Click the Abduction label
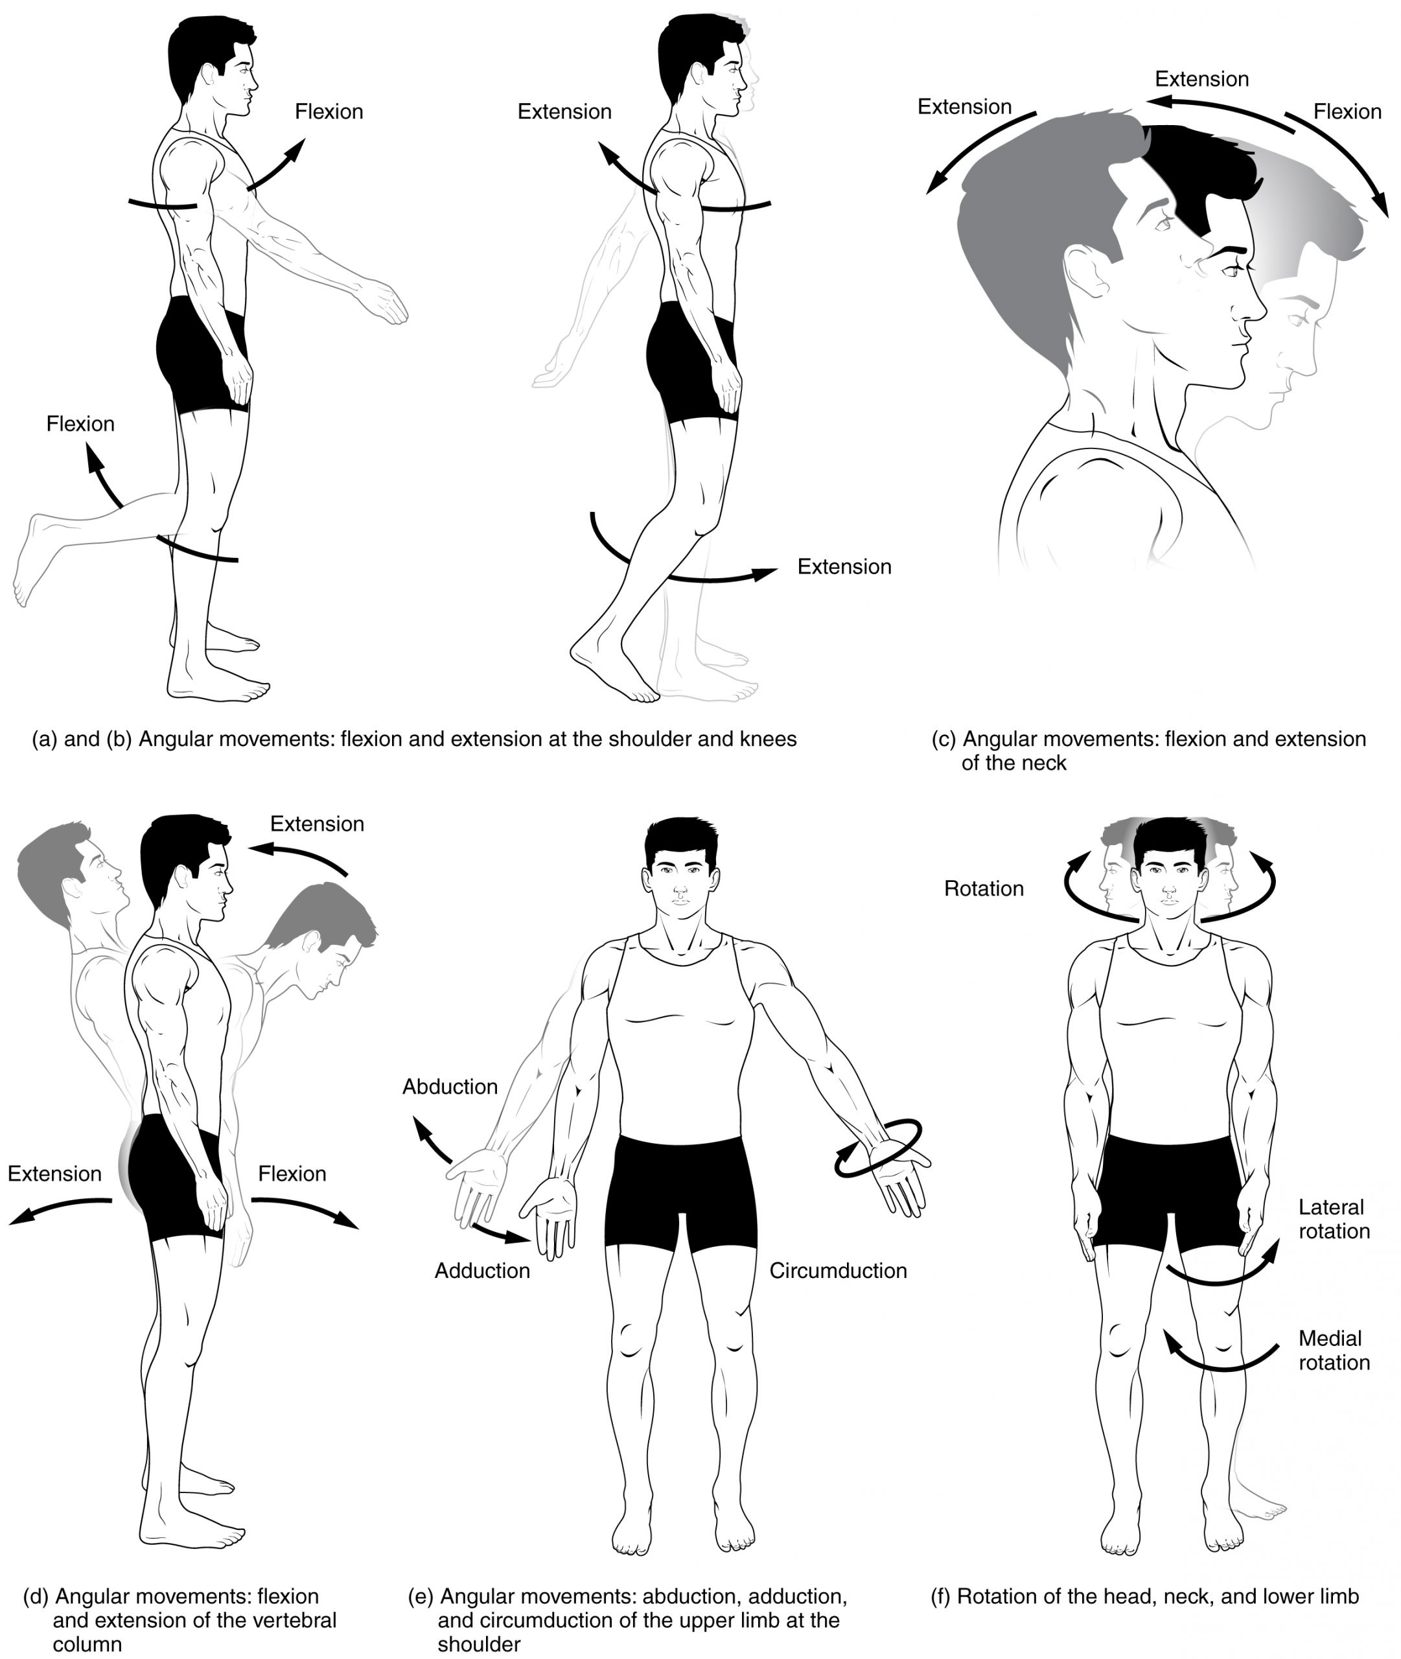(x=450, y=1086)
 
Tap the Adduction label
(x=482, y=1271)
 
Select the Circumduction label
(x=838, y=1271)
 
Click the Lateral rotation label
(x=1334, y=1219)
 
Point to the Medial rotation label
(x=1334, y=1350)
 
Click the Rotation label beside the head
(x=983, y=888)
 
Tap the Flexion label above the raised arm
(x=329, y=112)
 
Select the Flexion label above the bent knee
(x=80, y=424)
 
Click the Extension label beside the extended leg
(x=844, y=567)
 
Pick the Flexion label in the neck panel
(x=1347, y=112)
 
